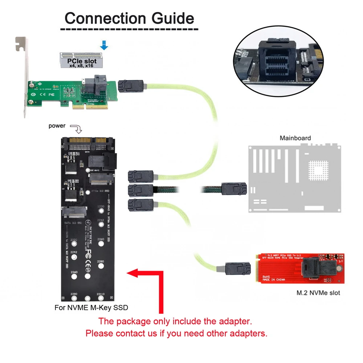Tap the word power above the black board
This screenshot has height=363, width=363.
point(57,126)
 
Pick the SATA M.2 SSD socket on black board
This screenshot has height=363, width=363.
point(74,212)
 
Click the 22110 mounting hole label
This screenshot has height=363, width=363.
point(101,294)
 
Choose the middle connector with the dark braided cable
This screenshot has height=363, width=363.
point(140,189)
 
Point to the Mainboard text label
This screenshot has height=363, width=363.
point(295,138)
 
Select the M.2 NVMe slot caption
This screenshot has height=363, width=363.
point(318,293)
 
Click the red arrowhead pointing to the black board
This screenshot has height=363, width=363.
point(132,273)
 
